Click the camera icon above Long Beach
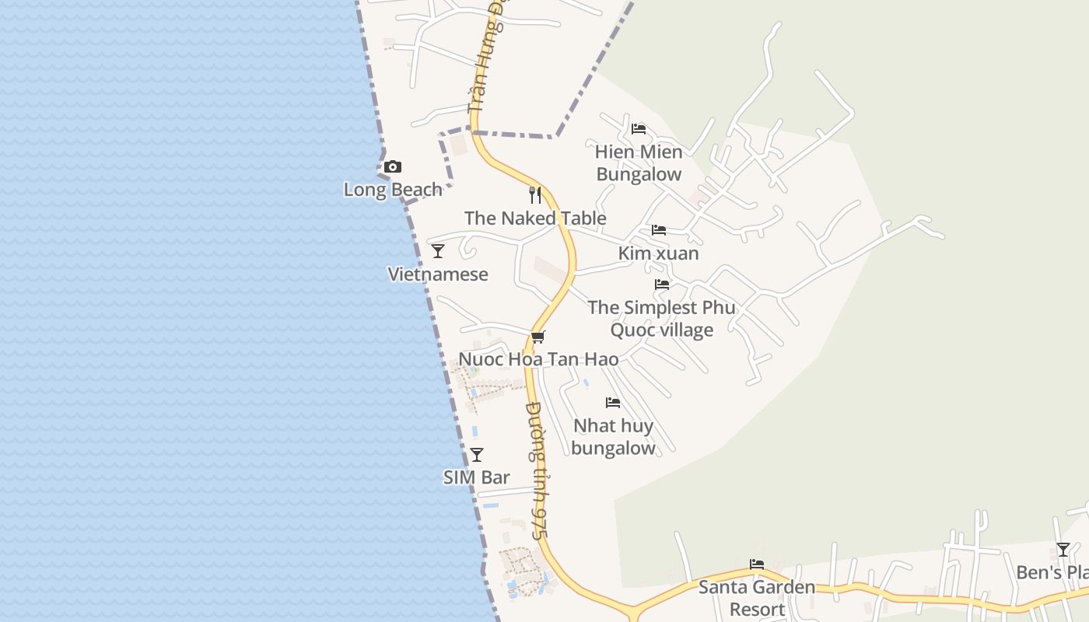click(x=393, y=166)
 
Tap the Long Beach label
click(x=393, y=190)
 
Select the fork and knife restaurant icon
click(x=535, y=194)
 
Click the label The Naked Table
click(x=535, y=218)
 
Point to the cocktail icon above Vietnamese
click(x=438, y=251)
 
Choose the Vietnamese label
click(x=438, y=274)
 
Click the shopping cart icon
click(x=538, y=337)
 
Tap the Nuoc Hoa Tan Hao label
click(x=538, y=359)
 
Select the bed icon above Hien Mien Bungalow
click(x=639, y=128)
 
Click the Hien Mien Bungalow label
click(x=639, y=162)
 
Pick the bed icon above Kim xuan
click(x=659, y=230)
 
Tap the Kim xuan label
click(x=658, y=253)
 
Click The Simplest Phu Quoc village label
click(x=661, y=319)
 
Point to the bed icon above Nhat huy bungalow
click(x=613, y=403)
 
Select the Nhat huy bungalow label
click(x=613, y=437)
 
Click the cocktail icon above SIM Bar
click(x=477, y=455)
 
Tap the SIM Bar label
click(x=477, y=477)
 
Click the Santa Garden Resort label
click(x=757, y=598)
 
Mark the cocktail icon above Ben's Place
click(x=1063, y=550)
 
